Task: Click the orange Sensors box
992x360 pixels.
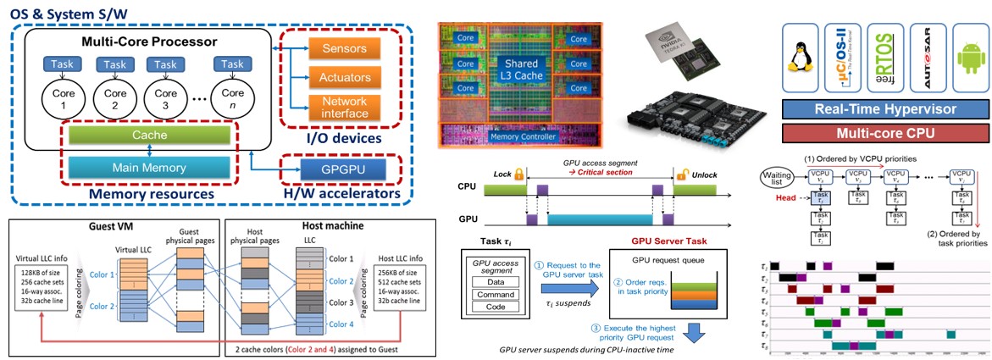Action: [346, 47]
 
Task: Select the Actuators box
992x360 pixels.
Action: [346, 78]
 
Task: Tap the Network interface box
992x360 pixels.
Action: [346, 108]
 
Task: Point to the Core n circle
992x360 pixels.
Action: [229, 101]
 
